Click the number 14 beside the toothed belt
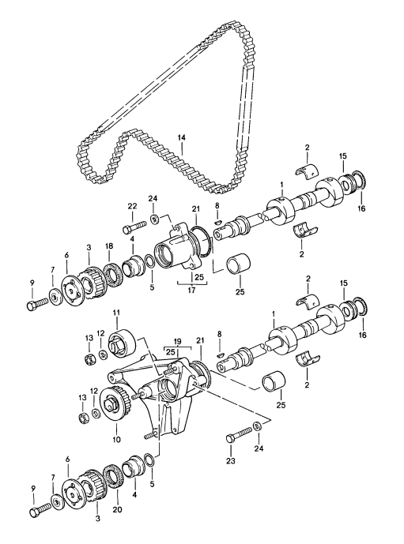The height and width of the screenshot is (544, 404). pyautogui.click(x=181, y=138)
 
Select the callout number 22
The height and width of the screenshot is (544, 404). pyautogui.click(x=132, y=206)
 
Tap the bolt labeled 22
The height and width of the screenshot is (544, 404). pyautogui.click(x=134, y=226)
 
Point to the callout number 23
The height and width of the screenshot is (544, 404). pyautogui.click(x=231, y=461)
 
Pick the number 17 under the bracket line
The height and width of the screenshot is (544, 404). pyautogui.click(x=191, y=290)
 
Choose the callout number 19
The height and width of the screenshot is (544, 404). pyautogui.click(x=177, y=341)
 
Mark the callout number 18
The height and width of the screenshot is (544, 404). pyautogui.click(x=109, y=246)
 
